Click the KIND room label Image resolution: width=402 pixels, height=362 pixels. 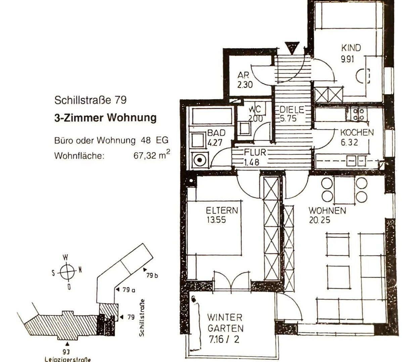351,48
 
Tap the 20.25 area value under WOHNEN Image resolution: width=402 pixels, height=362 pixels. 319,220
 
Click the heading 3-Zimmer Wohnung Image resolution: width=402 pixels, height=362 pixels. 105,118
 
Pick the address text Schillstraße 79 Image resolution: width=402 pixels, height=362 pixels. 90,100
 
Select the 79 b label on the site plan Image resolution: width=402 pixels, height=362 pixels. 152,276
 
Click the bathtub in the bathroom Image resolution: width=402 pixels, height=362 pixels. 212,116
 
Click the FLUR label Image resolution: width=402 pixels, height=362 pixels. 255,153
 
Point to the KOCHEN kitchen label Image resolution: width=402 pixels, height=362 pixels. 357,132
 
